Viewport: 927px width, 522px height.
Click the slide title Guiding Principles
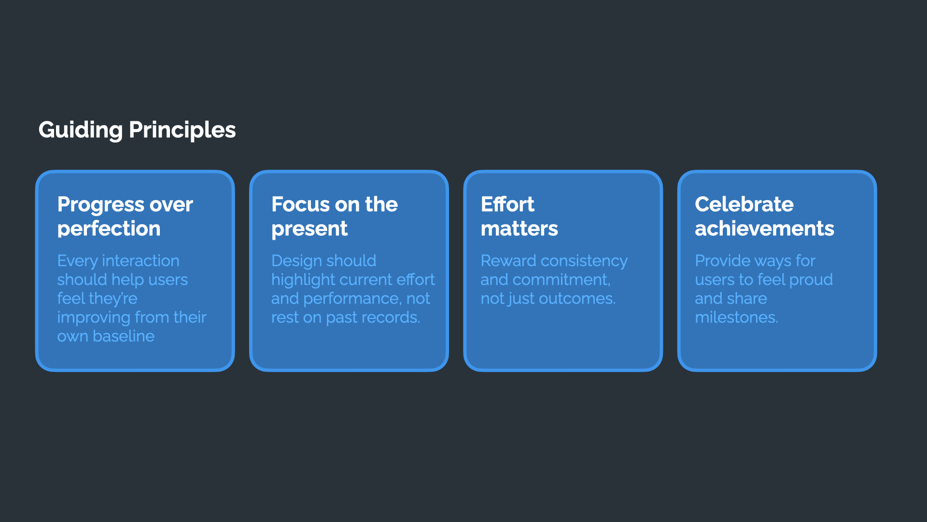tap(137, 130)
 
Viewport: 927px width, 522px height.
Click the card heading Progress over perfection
tap(125, 217)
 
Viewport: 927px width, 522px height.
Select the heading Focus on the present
tap(335, 217)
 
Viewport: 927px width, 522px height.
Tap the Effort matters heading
tap(520, 217)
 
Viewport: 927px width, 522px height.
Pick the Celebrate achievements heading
tap(764, 217)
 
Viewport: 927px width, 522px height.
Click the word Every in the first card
tap(77, 261)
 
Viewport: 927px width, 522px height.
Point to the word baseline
tap(124, 336)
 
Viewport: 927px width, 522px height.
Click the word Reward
tap(508, 261)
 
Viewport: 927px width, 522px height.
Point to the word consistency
tap(584, 261)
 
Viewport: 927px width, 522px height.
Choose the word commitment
tap(562, 280)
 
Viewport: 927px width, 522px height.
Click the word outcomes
tap(577, 299)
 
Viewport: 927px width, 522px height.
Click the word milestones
tap(736, 318)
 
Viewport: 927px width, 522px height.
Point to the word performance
tap(352, 299)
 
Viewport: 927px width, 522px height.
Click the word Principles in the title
tap(183, 130)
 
